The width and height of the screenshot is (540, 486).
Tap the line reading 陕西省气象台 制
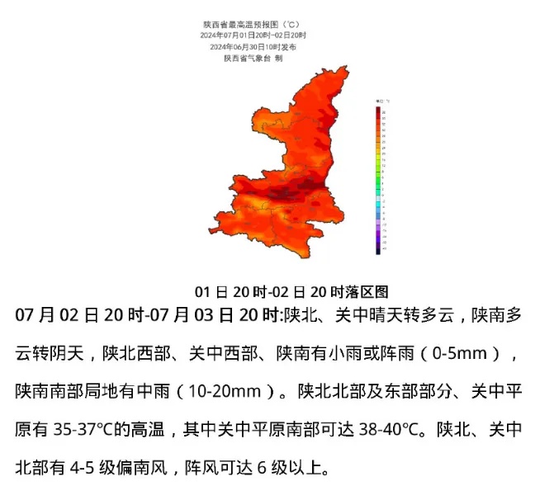pyautogui.click(x=253, y=58)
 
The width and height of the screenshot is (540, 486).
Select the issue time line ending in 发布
pyautogui.click(x=253, y=47)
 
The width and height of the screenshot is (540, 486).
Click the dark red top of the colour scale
pyautogui.click(x=377, y=111)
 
